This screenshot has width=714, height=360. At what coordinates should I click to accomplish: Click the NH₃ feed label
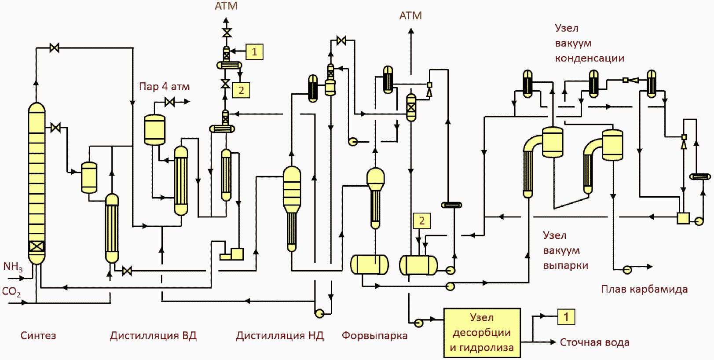[x=13, y=267]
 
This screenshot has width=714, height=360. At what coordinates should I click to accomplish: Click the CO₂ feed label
[x=11, y=292]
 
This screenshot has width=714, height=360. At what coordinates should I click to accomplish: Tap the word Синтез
[x=38, y=335]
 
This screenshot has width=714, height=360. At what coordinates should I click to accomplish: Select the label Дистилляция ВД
[x=153, y=336]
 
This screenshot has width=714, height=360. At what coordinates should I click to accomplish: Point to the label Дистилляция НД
[x=279, y=336]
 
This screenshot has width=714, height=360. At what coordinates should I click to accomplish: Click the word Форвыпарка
[x=374, y=335]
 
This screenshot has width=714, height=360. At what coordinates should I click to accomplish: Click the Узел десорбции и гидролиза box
[x=482, y=333]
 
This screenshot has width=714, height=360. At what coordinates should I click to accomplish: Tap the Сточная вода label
[x=594, y=342]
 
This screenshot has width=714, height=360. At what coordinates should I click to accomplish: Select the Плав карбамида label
[x=644, y=289]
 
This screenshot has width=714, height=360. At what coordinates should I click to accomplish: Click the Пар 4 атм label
[x=164, y=86]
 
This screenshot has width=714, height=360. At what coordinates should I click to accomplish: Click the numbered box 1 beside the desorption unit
[x=566, y=317]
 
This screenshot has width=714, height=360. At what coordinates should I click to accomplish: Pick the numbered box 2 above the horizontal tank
[x=422, y=220]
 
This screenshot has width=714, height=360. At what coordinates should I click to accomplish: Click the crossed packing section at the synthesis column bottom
[x=37, y=246]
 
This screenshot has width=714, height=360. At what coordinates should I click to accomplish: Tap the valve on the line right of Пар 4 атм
[x=169, y=102]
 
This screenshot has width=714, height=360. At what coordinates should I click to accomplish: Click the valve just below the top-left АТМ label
[x=227, y=33]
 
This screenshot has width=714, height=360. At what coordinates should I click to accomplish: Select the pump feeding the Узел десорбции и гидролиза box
[x=418, y=323]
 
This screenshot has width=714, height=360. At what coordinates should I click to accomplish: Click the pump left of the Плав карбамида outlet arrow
[x=627, y=270]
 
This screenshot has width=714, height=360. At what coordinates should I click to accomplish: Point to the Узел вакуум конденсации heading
[x=590, y=43]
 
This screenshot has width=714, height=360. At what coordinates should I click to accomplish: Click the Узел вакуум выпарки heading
[x=566, y=250]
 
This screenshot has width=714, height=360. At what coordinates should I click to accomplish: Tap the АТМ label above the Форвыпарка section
[x=410, y=16]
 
